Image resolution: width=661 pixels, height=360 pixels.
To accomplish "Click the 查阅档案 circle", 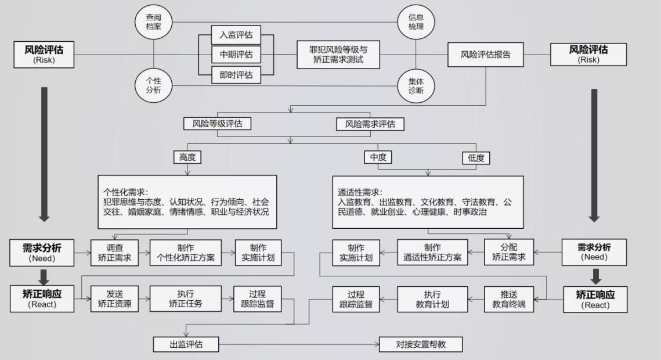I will [154, 22].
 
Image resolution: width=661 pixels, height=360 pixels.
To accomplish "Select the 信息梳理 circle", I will [416, 22].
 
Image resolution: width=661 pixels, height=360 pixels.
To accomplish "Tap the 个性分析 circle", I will [154, 86].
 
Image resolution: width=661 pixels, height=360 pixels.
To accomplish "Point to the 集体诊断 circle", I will [416, 86].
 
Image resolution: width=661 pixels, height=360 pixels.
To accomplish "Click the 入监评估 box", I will [236, 34].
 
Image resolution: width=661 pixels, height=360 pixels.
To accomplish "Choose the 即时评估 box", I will [236, 74].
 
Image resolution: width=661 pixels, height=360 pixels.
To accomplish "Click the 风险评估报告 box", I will [485, 55].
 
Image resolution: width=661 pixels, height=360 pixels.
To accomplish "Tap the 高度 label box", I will [187, 157].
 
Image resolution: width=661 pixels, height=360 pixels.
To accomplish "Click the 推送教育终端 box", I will [508, 298].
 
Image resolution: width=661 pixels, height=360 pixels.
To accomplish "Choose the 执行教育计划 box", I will [432, 298].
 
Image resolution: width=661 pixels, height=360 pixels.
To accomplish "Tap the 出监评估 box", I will [186, 344].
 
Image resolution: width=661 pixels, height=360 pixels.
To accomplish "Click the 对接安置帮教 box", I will [421, 344].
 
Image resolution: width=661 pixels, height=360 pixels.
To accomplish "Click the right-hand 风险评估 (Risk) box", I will [588, 55].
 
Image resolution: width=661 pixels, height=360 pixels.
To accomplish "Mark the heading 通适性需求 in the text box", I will [360, 191].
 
